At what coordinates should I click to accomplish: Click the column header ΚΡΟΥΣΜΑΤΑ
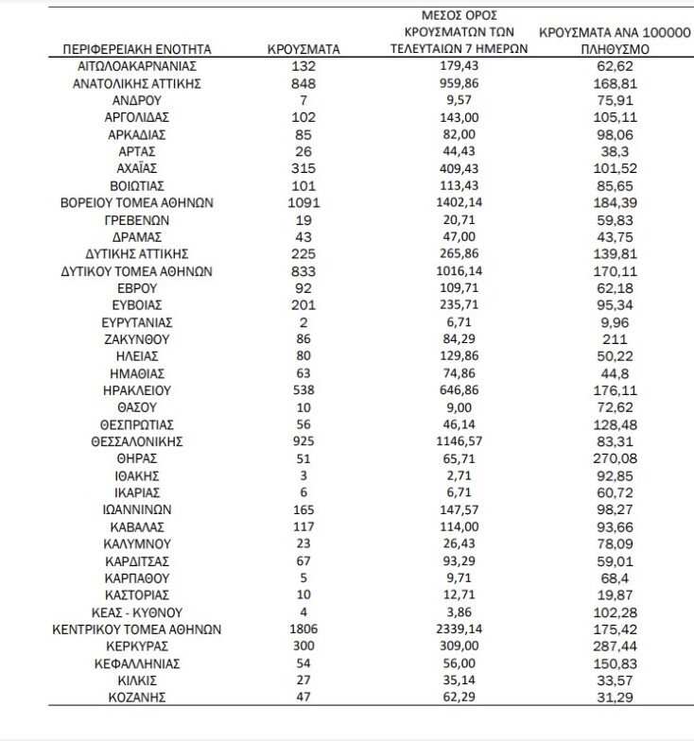coord(303,48)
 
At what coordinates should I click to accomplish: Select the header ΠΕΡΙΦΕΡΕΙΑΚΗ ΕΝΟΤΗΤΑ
coord(137,48)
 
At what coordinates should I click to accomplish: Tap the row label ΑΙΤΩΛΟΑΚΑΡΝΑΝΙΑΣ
coord(137,66)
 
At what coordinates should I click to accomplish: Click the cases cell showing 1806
coord(303,629)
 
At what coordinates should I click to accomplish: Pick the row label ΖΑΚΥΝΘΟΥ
coord(137,338)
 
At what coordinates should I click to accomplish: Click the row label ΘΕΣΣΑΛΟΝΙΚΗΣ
coord(137,440)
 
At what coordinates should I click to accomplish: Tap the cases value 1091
coord(303,202)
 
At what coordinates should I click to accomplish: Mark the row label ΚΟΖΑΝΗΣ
coord(137,697)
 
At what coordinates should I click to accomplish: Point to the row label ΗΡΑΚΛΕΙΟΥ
coord(137,389)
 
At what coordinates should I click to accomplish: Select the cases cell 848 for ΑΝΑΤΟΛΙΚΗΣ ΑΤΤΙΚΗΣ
coord(303,83)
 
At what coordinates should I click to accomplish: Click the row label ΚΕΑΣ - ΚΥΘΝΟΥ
coord(137,612)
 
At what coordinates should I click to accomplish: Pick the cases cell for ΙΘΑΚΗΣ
coord(303,474)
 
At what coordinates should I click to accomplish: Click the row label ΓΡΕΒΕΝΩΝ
coord(137,219)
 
